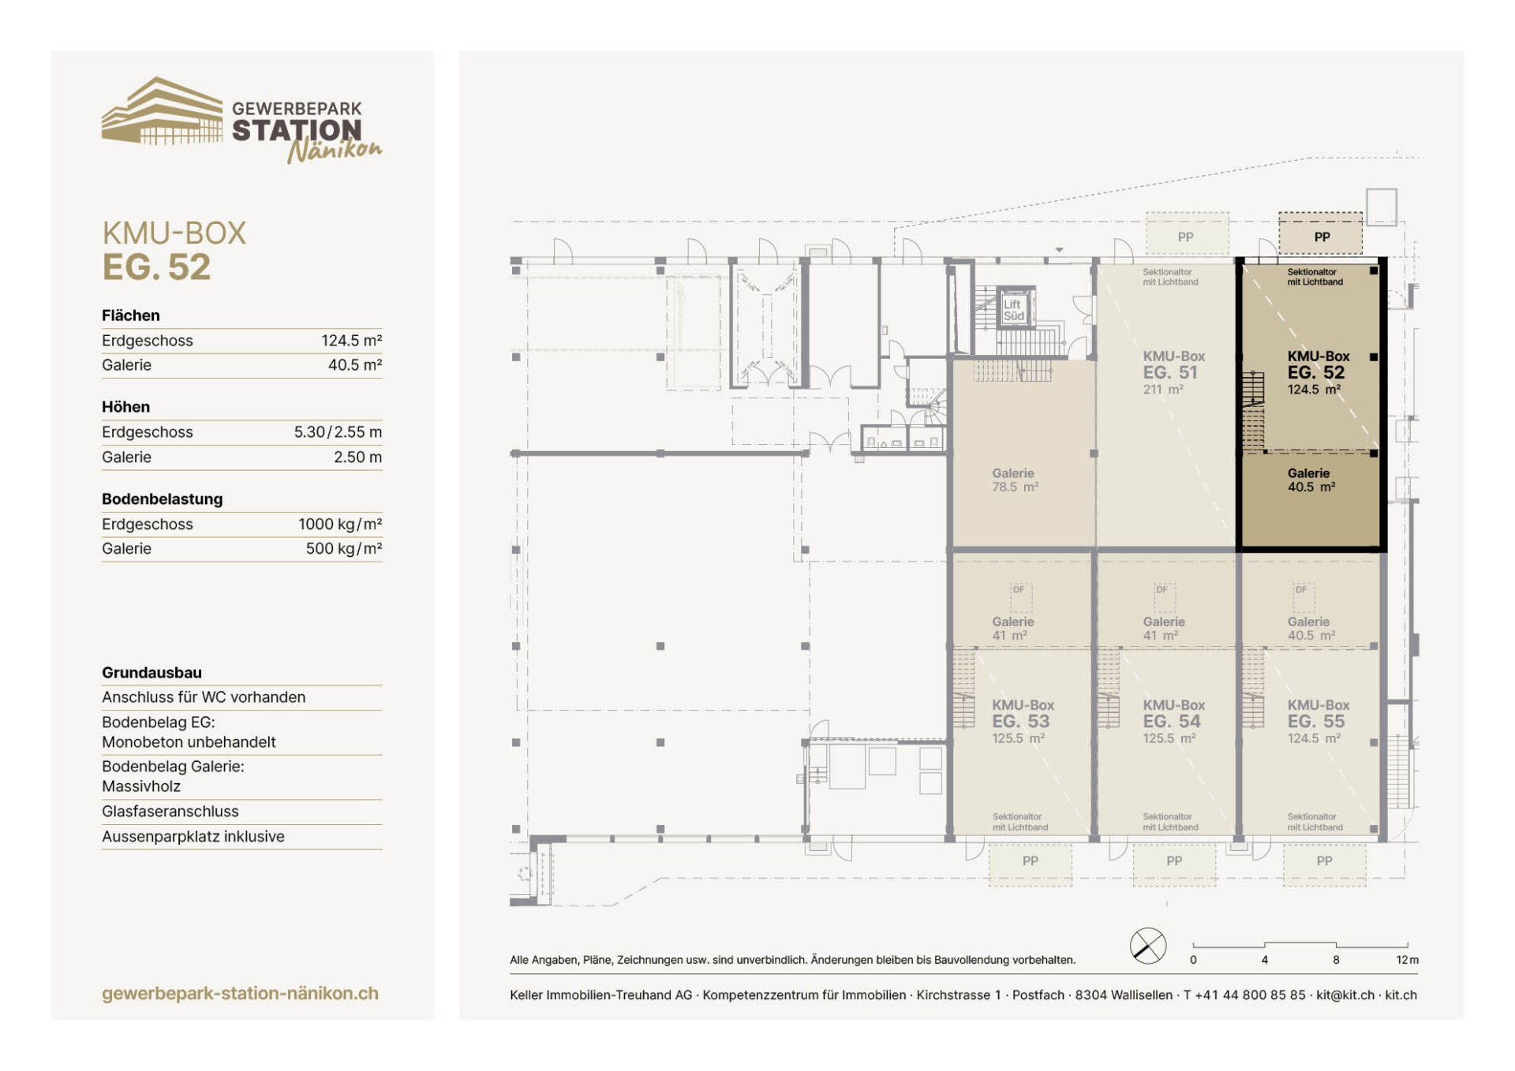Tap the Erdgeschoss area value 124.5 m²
tap(351, 341)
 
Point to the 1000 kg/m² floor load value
tap(340, 524)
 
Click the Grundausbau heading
tap(151, 673)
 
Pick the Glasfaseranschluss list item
tap(170, 812)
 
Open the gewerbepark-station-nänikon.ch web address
tap(240, 994)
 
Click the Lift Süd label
tap(1013, 310)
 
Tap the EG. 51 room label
tap(1170, 372)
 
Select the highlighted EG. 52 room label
tap(1315, 372)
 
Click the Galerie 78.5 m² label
tap(1015, 480)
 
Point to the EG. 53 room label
tap(1020, 722)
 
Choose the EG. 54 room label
tap(1171, 722)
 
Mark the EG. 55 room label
tap(1315, 722)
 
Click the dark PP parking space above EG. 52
tap(1321, 234)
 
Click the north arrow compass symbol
tap(1148, 946)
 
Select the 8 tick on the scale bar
tap(1336, 960)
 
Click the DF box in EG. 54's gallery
tap(1164, 598)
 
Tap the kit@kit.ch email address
tap(1345, 995)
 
